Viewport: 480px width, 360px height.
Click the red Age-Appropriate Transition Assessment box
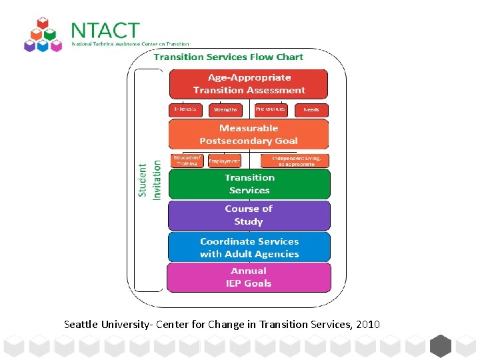pos(249,84)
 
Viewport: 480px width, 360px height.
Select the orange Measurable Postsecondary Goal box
pos(249,134)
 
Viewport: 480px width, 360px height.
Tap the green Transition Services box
pos(249,184)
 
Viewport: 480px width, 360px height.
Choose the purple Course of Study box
pos(249,215)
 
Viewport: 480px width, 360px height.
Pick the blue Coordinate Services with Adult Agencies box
pos(249,247)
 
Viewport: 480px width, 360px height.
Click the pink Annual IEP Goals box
pos(249,277)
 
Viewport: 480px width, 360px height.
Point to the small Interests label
pos(185,109)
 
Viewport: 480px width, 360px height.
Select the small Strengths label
pos(225,109)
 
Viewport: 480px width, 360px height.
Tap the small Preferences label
pos(271,109)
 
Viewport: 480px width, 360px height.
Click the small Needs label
pos(311,109)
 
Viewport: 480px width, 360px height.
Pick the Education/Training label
pos(187,160)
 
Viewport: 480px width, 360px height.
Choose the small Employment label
pos(224,161)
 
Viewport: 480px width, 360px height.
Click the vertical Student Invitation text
pos(150,180)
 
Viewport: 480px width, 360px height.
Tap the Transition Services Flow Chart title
pos(229,57)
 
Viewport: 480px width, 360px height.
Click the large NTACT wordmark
pos(105,31)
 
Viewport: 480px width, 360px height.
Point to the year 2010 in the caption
pos(368,325)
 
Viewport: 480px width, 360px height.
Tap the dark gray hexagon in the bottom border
pos(440,346)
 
